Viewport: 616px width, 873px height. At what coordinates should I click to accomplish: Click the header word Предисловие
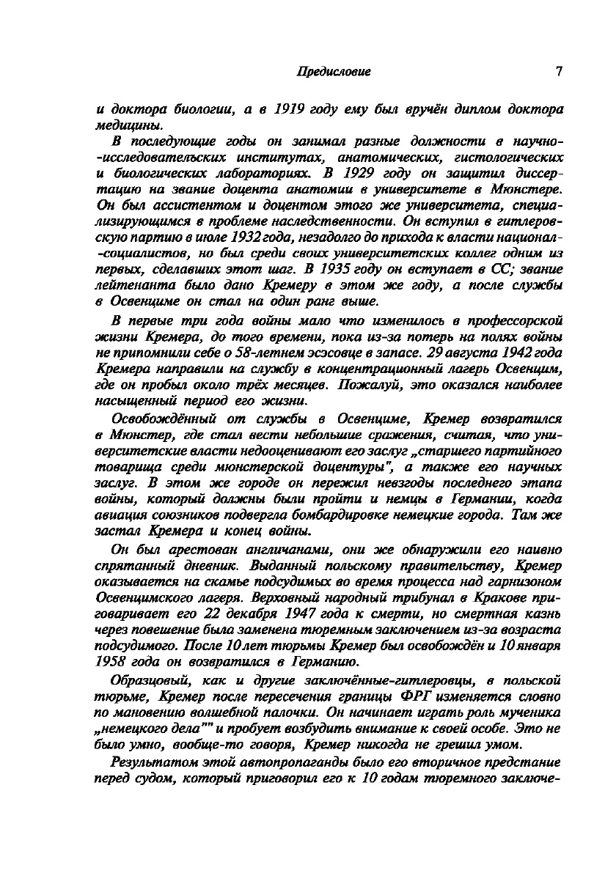[x=333, y=72]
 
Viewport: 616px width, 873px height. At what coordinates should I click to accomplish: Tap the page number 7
[x=559, y=72]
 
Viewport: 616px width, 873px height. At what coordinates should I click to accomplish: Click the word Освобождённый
[x=155, y=420]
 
